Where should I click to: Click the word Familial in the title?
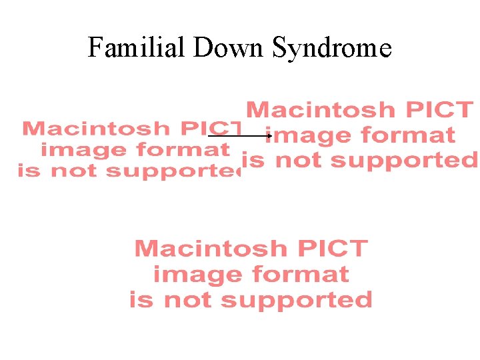click(138, 48)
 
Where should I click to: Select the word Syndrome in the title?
click(331, 48)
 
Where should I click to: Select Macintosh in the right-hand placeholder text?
click(321, 109)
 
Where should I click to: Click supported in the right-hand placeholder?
click(404, 161)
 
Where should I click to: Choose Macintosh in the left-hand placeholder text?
click(93, 128)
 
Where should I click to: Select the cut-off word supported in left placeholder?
click(174, 171)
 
